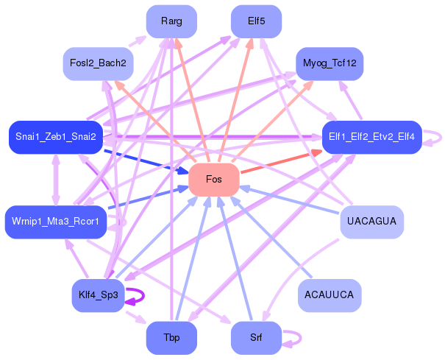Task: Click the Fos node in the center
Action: [x=214, y=180]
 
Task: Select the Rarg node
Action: [x=171, y=21]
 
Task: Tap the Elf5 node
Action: [x=256, y=21]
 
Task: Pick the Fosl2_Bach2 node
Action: [x=98, y=63]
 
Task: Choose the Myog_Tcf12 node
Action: [x=330, y=63]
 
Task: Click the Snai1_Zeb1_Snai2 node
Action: [x=56, y=137]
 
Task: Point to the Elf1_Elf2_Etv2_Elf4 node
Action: [x=371, y=137]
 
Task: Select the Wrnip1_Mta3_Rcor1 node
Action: [x=56, y=222]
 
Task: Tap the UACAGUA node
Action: [x=371, y=222]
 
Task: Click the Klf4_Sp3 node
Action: [x=98, y=295]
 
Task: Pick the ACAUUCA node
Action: [x=330, y=295]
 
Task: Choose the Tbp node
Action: [x=171, y=338]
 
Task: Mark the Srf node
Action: [x=256, y=338]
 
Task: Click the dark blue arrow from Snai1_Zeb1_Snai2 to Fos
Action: [x=146, y=161]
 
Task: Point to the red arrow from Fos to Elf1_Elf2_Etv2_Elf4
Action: [x=281, y=161]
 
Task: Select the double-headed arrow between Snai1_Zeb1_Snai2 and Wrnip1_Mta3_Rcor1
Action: [x=56, y=180]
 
